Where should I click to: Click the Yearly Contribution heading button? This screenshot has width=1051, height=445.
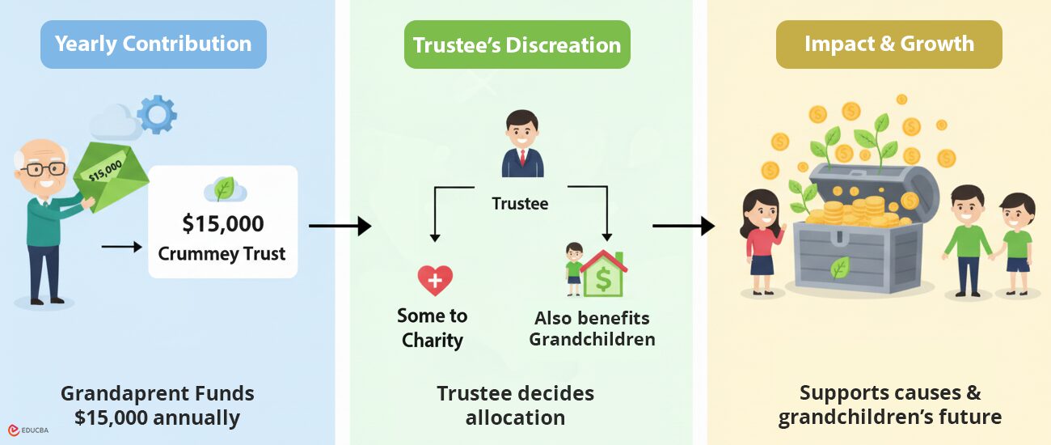154,44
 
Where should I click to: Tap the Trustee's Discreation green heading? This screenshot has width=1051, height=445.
517,44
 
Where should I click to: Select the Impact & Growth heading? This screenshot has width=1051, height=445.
888,44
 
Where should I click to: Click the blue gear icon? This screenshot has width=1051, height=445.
156,114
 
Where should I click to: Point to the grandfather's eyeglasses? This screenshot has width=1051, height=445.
45,169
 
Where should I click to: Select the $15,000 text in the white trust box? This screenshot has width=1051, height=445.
222,223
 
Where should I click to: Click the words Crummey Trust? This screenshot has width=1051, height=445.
222,253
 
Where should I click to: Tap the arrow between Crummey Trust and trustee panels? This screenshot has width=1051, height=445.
340,226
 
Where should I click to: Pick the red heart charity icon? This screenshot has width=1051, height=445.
435,281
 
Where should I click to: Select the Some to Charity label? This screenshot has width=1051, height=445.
433,327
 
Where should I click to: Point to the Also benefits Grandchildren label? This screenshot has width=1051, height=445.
592,328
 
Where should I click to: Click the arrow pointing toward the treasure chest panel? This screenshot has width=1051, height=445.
683,226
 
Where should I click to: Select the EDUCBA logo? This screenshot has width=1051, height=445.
27,430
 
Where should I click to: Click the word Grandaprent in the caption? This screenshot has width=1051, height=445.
116,394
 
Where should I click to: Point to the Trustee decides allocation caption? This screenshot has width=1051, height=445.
516,405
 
